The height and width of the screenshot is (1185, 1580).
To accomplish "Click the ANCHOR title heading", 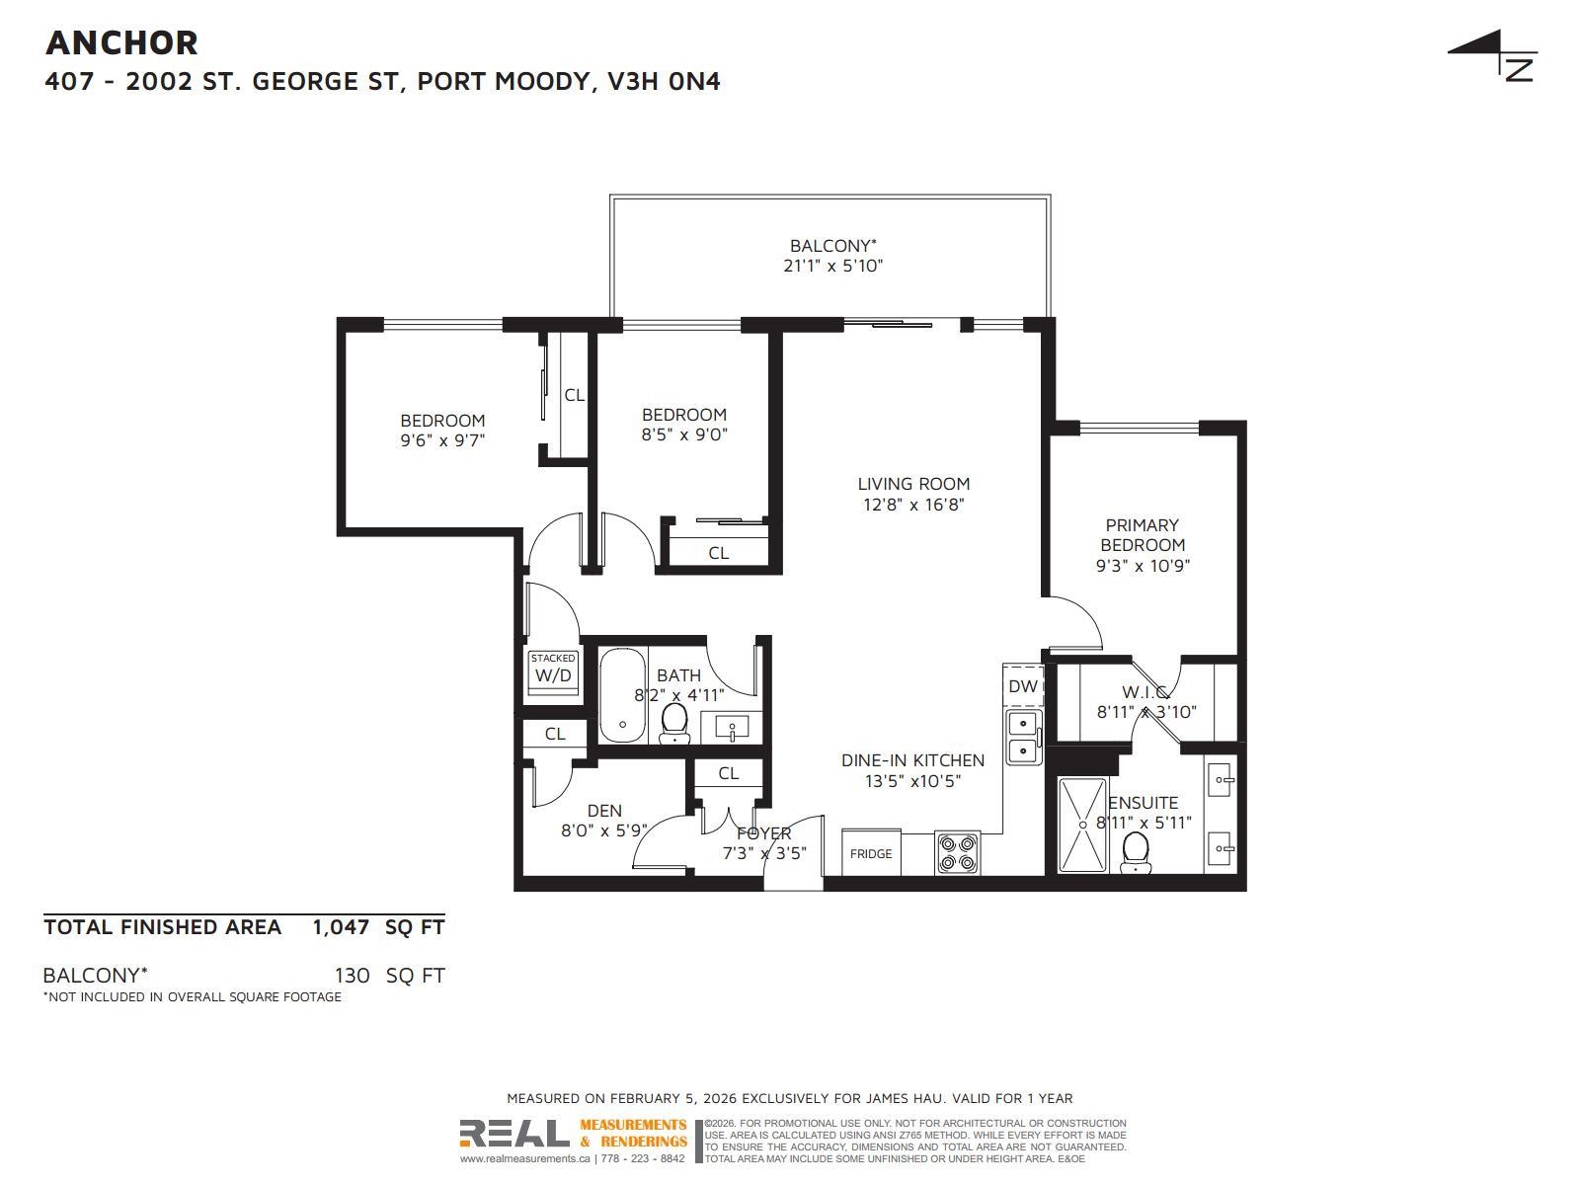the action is pos(121,43).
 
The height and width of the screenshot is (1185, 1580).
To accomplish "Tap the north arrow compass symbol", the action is pos(1496,54).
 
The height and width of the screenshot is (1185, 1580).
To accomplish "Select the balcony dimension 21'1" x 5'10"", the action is pos(832,267).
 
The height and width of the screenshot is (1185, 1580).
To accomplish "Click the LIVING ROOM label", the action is pos(913,484).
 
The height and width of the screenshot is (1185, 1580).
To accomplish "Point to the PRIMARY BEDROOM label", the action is pos(1143,535).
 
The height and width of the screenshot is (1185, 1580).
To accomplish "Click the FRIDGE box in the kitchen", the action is pos(871,852).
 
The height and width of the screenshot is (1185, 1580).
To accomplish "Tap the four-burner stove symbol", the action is pos(957,853).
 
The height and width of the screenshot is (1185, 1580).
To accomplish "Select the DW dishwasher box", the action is pos(1023,686).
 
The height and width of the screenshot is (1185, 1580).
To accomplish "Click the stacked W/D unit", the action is pos(553,672).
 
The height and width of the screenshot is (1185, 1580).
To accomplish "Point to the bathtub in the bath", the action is pos(623,696).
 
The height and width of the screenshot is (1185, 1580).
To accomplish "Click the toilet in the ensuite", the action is pos(1136,852).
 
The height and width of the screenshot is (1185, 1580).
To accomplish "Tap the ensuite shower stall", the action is pos(1082,826).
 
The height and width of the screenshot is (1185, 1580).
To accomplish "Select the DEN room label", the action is pos(604,811).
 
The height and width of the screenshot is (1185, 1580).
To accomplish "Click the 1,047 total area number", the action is pos(341,927).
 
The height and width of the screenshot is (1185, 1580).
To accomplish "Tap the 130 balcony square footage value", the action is pos(352,976).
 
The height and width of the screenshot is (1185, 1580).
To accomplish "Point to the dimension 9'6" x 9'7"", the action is pos(442,440).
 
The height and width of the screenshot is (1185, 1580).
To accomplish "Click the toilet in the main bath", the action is pos(674,723).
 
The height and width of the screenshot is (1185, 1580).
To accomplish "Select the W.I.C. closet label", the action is pos(1145,692).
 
